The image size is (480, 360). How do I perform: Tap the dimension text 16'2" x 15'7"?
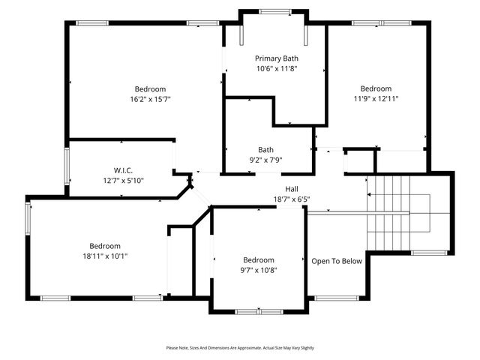click(x=150, y=99)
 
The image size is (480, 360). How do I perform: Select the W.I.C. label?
click(x=123, y=170)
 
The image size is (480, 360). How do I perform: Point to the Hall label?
click(x=292, y=189)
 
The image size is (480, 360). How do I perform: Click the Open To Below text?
click(x=337, y=261)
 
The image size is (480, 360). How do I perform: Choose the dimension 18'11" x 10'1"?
click(x=105, y=256)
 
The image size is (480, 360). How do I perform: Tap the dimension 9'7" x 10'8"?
click(x=258, y=271)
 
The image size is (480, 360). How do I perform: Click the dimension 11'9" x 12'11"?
click(x=376, y=98)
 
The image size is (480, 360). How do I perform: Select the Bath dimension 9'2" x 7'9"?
click(x=265, y=160)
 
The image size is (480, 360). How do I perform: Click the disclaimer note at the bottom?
click(x=240, y=348)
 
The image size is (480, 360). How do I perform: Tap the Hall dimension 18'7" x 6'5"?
click(x=292, y=199)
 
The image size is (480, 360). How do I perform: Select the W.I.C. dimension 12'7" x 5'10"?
click(x=123, y=180)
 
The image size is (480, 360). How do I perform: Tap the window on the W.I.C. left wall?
click(x=66, y=166)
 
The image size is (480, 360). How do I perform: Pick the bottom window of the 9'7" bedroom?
click(x=258, y=310)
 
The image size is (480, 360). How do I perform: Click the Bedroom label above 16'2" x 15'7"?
click(x=150, y=89)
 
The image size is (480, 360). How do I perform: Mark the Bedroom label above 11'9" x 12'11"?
click(x=376, y=88)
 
